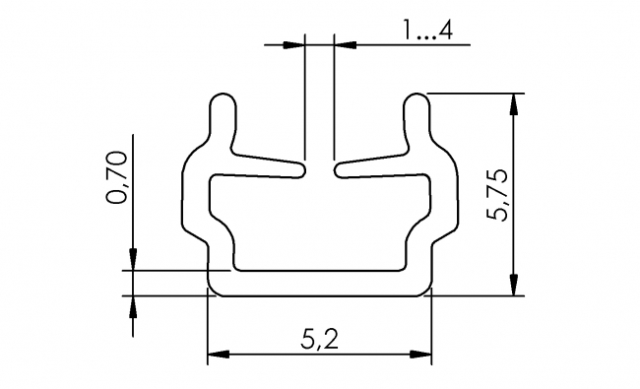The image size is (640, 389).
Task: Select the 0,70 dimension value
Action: click(x=116, y=177)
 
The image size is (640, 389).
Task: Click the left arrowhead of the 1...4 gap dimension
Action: click(x=293, y=44)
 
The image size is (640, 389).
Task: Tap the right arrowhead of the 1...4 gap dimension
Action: click(x=346, y=44)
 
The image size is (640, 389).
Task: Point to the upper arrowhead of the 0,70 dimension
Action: click(x=132, y=258)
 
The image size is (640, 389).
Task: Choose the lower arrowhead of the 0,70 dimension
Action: click(x=132, y=305)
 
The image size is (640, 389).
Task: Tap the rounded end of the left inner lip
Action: click(x=299, y=170)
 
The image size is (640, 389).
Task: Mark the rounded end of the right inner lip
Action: click(x=341, y=170)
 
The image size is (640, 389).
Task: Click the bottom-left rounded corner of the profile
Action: click(x=212, y=289)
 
